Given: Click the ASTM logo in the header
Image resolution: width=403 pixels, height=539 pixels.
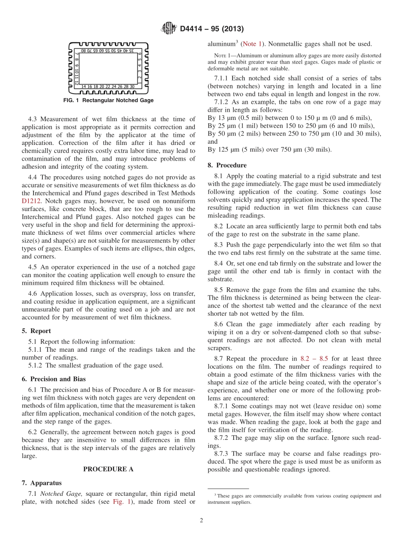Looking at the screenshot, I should (x=169, y=29).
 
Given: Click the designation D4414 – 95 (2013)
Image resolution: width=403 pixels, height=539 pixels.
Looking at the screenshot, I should (x=211, y=29).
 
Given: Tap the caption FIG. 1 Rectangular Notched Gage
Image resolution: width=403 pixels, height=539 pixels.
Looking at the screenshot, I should (x=108, y=100).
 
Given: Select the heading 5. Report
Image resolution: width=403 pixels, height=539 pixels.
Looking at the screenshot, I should (x=36, y=331).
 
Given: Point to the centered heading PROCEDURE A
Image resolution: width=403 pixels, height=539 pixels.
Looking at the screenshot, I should (x=108, y=469).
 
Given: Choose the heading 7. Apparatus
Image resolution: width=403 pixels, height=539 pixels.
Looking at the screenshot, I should (x=41, y=483).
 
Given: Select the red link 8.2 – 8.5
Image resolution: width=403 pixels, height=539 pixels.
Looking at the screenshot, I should (x=311, y=358).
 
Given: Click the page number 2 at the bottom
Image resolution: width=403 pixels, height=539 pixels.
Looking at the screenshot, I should (x=201, y=520).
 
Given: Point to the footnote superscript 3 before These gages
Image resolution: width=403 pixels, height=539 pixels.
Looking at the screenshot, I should (x=215, y=495).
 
